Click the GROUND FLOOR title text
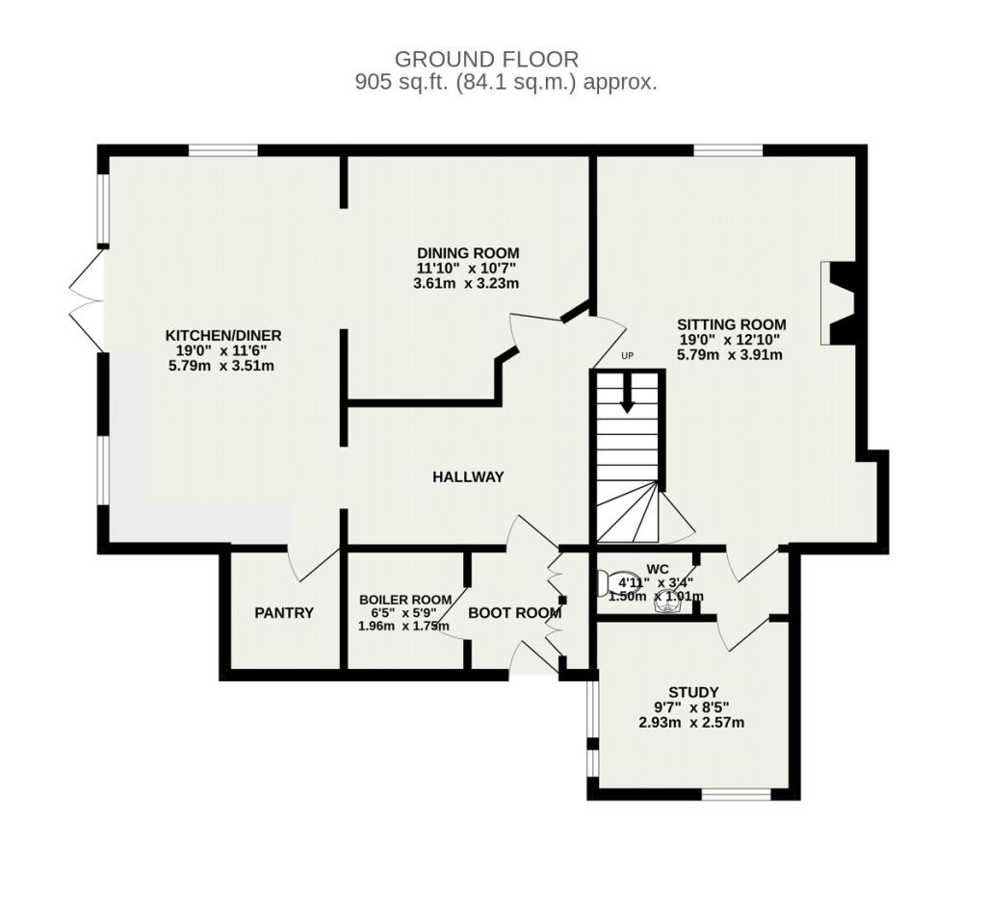[486, 59]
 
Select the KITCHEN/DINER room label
[222, 335]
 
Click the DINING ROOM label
[469, 252]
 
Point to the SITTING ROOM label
[732, 324]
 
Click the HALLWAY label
[468, 477]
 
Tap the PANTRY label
[284, 612]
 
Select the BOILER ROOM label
[405, 600]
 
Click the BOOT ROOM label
[514, 612]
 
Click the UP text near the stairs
[627, 355]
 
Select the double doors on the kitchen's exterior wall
[86, 300]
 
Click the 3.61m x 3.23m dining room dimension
[466, 283]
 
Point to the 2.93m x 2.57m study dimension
[691, 723]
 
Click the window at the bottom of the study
[736, 794]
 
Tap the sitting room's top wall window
[728, 150]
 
